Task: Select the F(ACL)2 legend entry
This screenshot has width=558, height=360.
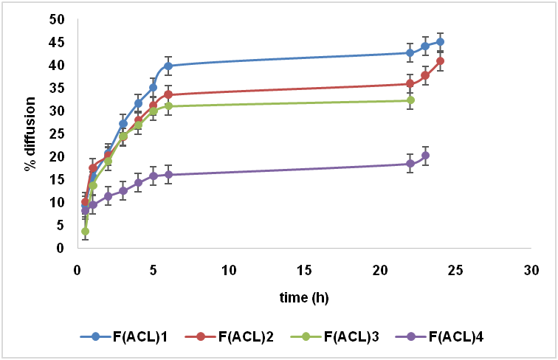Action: point(230,337)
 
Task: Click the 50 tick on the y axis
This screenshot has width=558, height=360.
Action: point(56,19)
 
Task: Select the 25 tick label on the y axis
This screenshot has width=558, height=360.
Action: point(56,134)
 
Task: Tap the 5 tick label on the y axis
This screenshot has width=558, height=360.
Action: point(59,225)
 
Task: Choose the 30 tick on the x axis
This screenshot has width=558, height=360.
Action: point(531,270)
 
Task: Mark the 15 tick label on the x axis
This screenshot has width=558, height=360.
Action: point(303,270)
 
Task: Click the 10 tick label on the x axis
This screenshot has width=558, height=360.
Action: point(228,270)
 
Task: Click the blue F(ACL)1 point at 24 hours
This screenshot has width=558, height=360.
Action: point(441,42)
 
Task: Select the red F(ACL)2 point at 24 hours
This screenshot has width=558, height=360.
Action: point(441,61)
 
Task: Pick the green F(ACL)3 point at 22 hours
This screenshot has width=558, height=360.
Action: point(410,100)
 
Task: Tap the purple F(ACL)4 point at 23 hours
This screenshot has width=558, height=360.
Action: point(425,156)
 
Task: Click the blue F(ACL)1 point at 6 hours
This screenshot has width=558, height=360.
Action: point(168,66)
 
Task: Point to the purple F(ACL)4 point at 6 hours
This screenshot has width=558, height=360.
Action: point(168,175)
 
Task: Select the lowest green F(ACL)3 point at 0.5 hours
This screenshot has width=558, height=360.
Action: point(85,232)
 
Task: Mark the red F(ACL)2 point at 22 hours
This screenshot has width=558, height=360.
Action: point(410,84)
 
